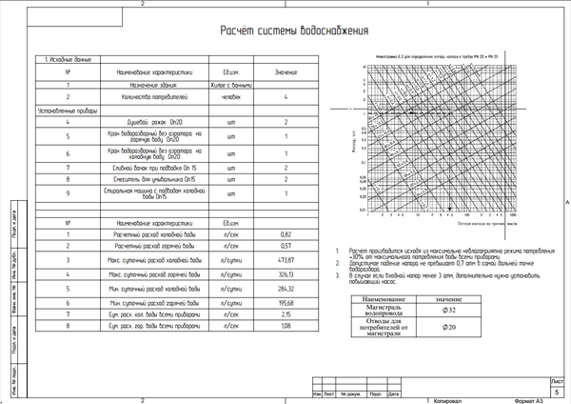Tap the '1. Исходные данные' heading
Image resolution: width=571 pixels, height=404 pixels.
[x=68, y=59]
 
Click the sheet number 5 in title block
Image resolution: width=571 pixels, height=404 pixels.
[x=557, y=392]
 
